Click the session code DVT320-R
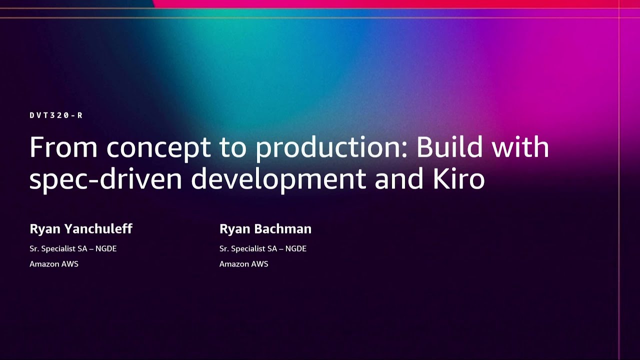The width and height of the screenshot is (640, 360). point(56,115)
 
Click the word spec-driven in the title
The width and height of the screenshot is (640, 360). point(105,179)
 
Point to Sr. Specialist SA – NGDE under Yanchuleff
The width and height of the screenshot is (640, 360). point(73,248)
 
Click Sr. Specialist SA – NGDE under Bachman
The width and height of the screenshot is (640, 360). point(263,248)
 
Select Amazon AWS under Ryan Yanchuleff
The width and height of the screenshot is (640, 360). point(54,264)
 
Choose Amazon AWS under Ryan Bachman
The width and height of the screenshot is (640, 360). point(244,264)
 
